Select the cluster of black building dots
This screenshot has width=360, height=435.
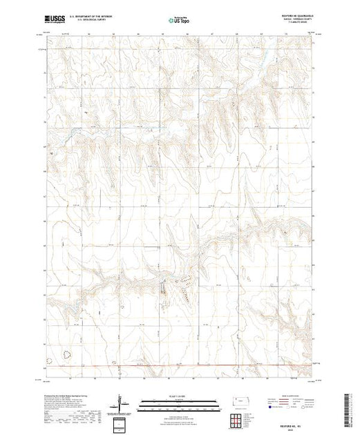[185, 279]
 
